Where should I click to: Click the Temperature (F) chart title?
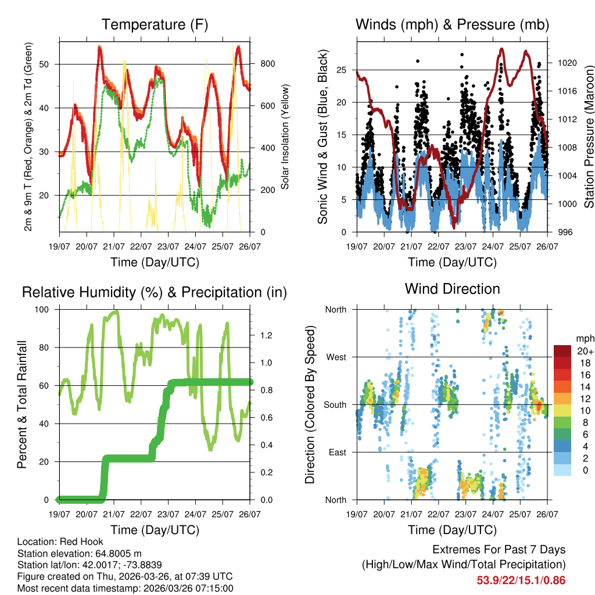pos(155,24)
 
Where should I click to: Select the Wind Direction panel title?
pos(452,288)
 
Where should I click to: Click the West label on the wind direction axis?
pos(335,357)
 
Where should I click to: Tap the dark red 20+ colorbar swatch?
pos(563,351)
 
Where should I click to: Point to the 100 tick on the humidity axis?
pos(46,309)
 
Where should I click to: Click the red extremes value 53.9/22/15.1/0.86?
pos(521,580)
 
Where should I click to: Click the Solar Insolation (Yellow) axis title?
pos(285,137)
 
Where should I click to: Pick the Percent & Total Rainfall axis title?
pos(21,405)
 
